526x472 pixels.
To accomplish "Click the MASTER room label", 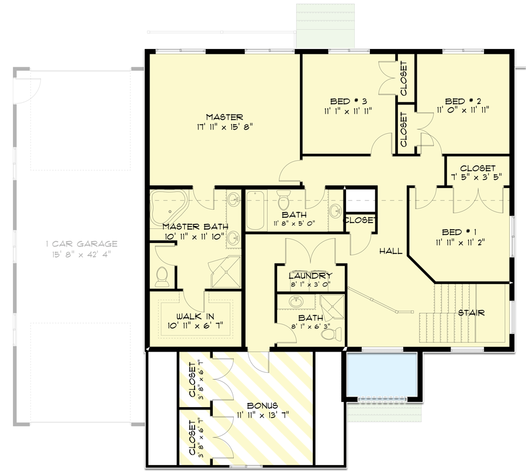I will pyautogui.click(x=224, y=117).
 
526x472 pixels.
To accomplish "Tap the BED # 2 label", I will pyautogui.click(x=463, y=100).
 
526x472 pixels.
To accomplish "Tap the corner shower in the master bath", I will pyautogui.click(x=226, y=272).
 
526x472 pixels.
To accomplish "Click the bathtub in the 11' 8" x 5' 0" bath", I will pyautogui.click(x=257, y=210).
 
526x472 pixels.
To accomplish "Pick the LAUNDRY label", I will pyautogui.click(x=310, y=276).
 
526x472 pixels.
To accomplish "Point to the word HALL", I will pyautogui.click(x=390, y=251).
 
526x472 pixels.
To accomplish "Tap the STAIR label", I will pyautogui.click(x=470, y=313).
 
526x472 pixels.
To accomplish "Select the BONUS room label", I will pyautogui.click(x=262, y=405).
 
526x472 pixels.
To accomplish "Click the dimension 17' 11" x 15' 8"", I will pyautogui.click(x=224, y=126).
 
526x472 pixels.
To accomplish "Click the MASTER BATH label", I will pyautogui.click(x=195, y=227).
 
